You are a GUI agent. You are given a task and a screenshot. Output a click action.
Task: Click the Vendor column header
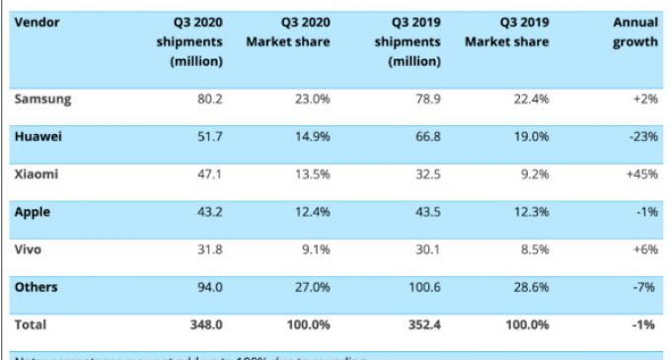pos(38,22)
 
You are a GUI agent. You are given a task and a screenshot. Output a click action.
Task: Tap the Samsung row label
pos(43,99)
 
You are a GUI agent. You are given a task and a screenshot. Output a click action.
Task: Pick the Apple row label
pos(34,211)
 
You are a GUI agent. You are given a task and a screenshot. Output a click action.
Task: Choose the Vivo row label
pos(31,249)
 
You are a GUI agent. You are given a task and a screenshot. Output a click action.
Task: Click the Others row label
pos(37,287)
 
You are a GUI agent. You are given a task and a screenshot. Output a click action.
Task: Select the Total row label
pos(31,324)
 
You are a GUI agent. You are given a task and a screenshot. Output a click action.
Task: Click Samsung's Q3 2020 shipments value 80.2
pos(208,99)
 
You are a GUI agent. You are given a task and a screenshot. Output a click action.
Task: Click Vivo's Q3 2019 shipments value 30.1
pos(425,250)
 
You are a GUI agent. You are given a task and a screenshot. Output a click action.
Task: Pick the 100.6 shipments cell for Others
pos(421,287)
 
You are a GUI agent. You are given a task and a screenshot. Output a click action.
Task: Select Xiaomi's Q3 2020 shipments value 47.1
pos(208,175)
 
